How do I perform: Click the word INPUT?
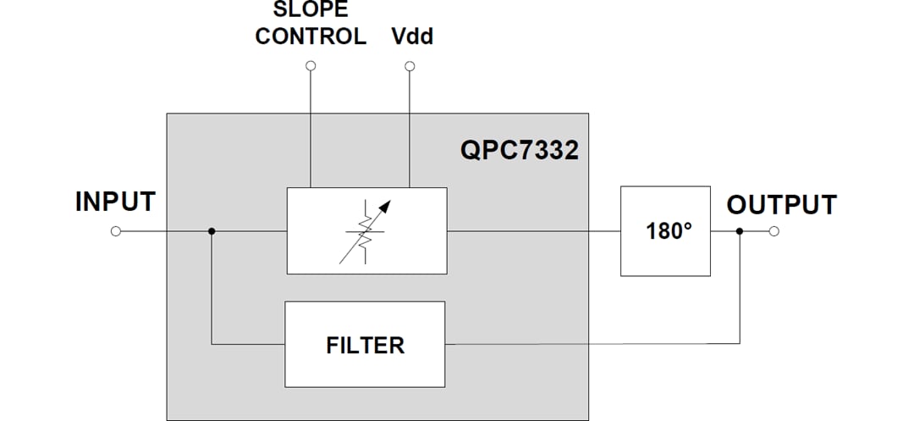[115, 202]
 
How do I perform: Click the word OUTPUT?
[781, 205]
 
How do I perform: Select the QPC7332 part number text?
[520, 151]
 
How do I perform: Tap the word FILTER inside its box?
[365, 345]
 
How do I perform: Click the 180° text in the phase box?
[669, 231]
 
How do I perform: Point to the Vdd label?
[412, 37]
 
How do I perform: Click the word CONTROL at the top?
[311, 37]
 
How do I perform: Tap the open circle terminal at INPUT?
[116, 231]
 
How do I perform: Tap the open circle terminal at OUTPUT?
[774, 231]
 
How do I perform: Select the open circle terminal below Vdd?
[410, 66]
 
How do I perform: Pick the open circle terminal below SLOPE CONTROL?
[311, 66]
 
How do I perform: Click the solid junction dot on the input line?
[212, 231]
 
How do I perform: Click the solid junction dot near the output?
[741, 231]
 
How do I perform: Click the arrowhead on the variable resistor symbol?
[387, 205]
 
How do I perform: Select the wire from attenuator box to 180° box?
[533, 231]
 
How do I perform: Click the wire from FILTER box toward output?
[592, 344]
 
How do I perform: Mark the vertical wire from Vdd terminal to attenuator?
[410, 127]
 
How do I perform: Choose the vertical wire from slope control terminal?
[311, 127]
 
